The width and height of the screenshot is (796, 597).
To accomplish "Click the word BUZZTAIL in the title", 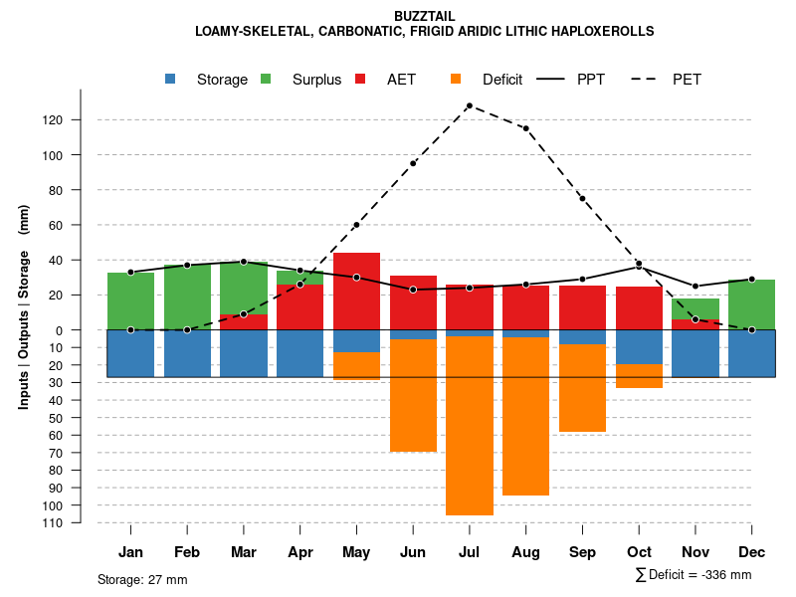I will (x=425, y=16).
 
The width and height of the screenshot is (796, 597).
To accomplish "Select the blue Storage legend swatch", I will (x=171, y=79).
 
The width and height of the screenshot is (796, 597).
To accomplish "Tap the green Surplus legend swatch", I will (x=266, y=79).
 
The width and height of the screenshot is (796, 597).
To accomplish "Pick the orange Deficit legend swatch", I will (x=456, y=79).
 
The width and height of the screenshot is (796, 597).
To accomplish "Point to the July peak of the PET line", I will (x=469, y=105).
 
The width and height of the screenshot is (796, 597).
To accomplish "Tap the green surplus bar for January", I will (x=130, y=300).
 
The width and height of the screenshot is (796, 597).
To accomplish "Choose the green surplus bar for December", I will (x=751, y=304).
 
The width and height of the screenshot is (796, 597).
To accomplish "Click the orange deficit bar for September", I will (x=582, y=388).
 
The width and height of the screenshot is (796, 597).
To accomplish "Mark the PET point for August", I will (x=525, y=128).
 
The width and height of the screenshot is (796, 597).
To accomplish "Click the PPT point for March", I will (x=244, y=262).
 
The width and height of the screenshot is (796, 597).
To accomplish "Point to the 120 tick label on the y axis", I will (x=80, y=120).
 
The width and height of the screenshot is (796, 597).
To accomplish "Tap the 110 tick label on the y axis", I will (x=80, y=522).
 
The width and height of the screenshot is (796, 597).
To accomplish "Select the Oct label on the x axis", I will (x=639, y=552).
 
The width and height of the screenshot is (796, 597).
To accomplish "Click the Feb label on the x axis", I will (x=187, y=552).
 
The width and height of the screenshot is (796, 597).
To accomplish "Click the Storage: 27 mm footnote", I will (x=142, y=579).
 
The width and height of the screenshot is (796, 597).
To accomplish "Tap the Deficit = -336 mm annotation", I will (x=694, y=574).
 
